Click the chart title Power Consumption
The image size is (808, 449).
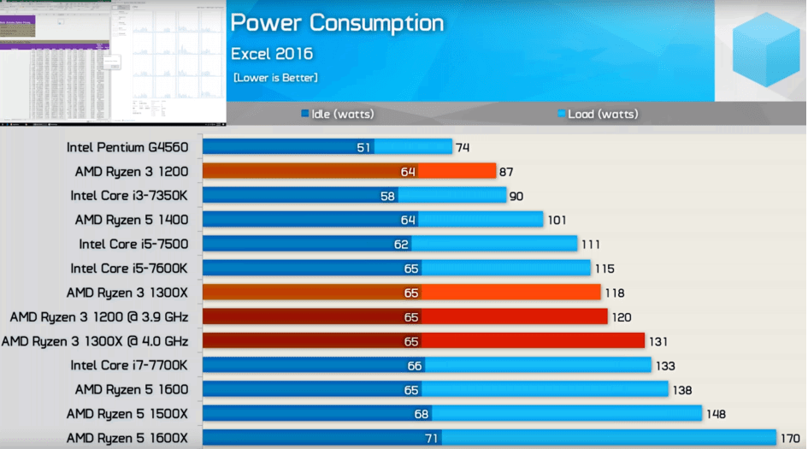tap(337, 22)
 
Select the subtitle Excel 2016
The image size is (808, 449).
tap(272, 54)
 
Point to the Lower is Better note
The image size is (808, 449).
tap(275, 78)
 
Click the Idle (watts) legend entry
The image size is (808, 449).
tap(338, 114)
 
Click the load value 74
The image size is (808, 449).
tap(463, 147)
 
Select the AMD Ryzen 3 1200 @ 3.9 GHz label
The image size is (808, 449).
tap(99, 316)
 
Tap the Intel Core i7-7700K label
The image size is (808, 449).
tap(129, 366)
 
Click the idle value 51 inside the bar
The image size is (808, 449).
tap(364, 147)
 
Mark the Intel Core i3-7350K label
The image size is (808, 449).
tap(129, 196)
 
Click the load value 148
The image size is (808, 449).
tap(716, 415)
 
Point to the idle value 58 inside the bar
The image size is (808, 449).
tap(386, 196)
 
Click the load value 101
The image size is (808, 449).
tap(557, 220)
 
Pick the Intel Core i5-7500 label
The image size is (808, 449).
tap(133, 244)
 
